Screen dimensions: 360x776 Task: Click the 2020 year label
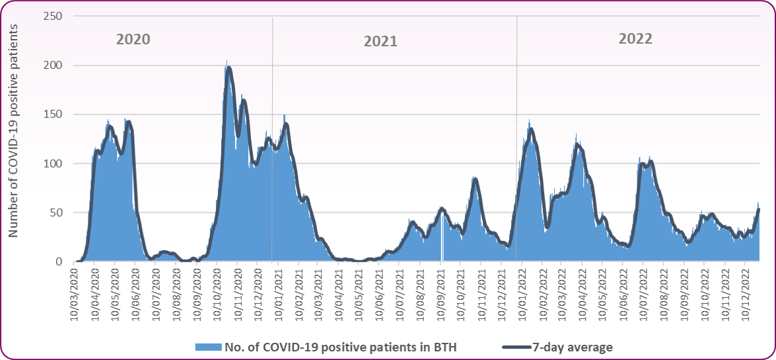click(x=133, y=39)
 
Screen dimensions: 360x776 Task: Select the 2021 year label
click(x=380, y=41)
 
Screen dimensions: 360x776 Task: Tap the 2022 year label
click(x=635, y=38)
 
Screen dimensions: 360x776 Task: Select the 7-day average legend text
click(x=573, y=346)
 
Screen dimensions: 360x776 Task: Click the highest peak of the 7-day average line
click(x=229, y=67)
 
